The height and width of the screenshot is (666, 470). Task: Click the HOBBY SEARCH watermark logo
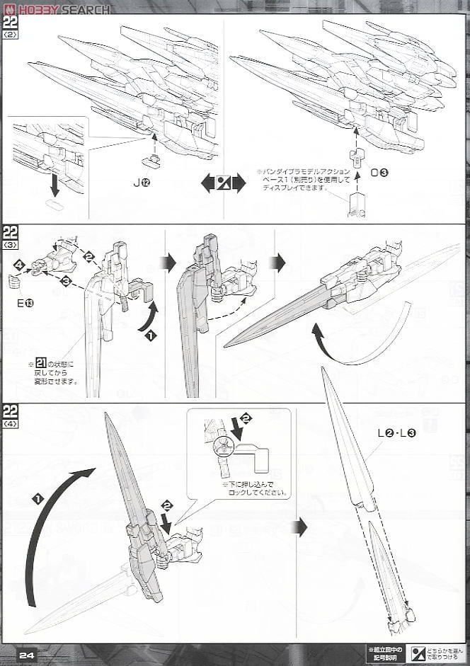coord(57,8)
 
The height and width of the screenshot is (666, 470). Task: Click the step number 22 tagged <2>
coord(11,27)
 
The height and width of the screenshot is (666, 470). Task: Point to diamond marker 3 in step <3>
coord(66,282)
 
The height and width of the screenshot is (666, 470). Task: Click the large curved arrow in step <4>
coord(50,524)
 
